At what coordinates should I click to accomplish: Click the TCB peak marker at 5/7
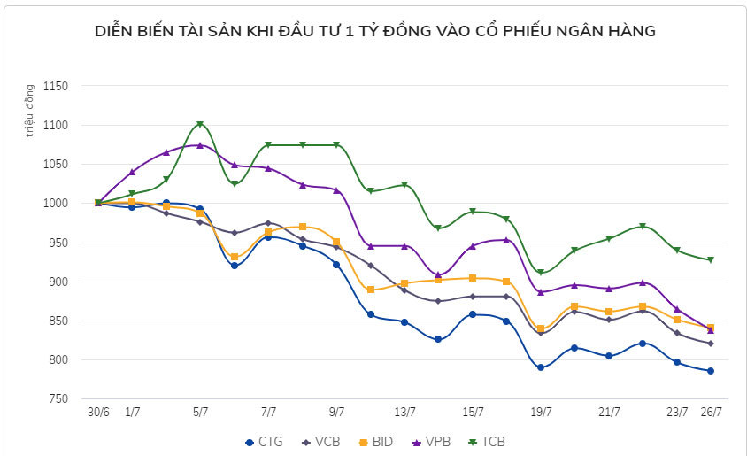click(x=200, y=125)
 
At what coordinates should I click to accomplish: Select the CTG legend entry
click(x=264, y=441)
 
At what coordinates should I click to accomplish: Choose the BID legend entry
click(x=381, y=441)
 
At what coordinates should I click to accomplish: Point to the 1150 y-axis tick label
click(x=54, y=87)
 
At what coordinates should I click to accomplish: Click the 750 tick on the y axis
click(x=58, y=399)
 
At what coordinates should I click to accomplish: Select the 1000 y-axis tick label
click(x=54, y=204)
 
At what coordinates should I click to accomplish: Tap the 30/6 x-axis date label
click(x=97, y=412)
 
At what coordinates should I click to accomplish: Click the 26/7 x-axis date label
click(x=711, y=412)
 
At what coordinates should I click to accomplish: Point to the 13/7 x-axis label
click(x=404, y=412)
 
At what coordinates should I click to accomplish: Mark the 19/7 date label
click(x=541, y=412)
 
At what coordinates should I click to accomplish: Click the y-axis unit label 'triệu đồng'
click(x=29, y=112)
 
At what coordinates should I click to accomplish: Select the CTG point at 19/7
click(x=541, y=367)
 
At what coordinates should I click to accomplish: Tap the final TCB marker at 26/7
click(x=711, y=260)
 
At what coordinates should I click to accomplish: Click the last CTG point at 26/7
click(x=711, y=371)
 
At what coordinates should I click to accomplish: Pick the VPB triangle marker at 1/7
click(x=132, y=172)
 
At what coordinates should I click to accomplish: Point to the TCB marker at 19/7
click(x=541, y=273)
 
